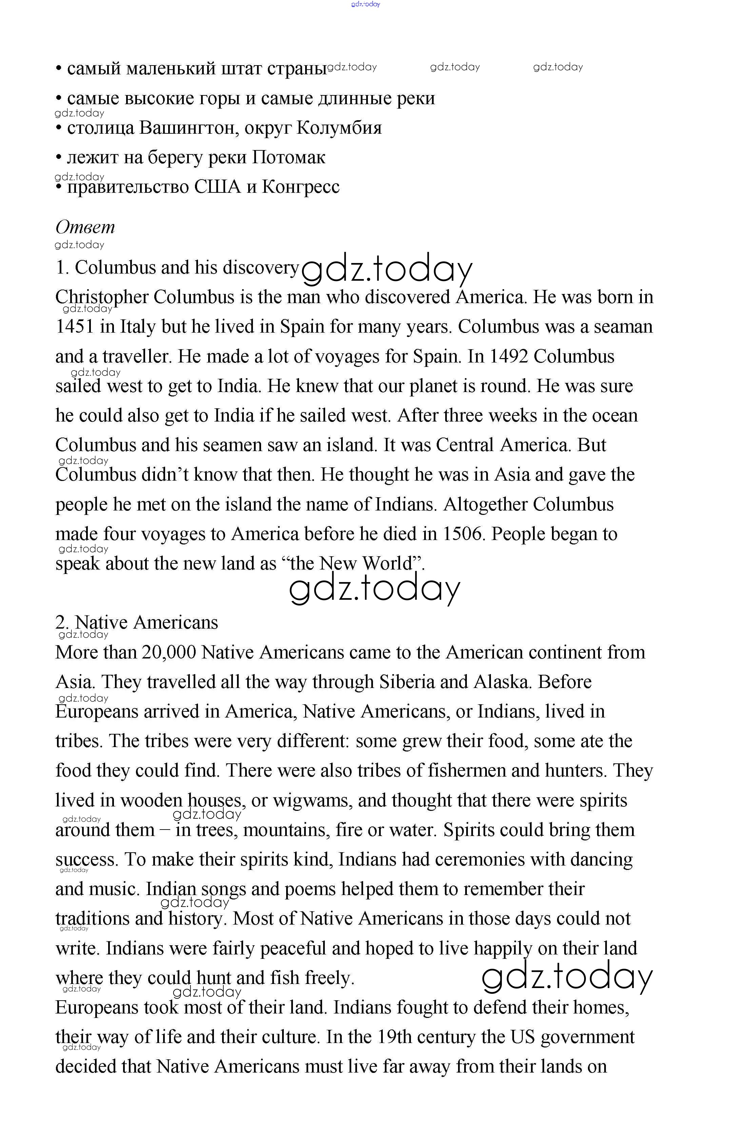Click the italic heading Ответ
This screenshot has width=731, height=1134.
[x=85, y=227]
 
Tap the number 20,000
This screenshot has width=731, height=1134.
[x=169, y=652]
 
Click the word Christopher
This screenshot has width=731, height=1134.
[x=102, y=297]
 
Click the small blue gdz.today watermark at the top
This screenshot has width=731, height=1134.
[x=365, y=4]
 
